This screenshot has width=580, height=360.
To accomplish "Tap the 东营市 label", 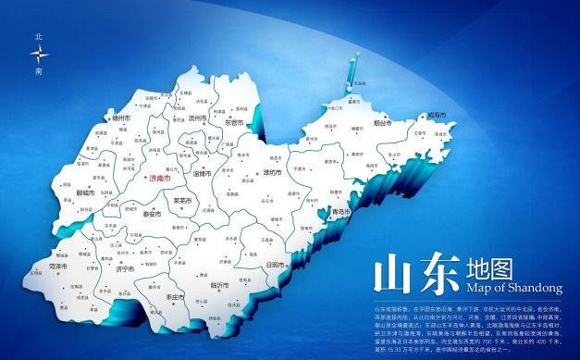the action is click(x=234, y=122).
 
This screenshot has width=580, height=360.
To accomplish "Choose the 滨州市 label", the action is click(x=196, y=118).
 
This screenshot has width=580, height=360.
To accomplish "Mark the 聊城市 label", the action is click(x=87, y=193).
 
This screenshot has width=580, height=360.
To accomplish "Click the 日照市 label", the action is click(x=274, y=264).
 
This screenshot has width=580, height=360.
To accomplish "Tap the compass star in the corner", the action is click(x=38, y=54).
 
